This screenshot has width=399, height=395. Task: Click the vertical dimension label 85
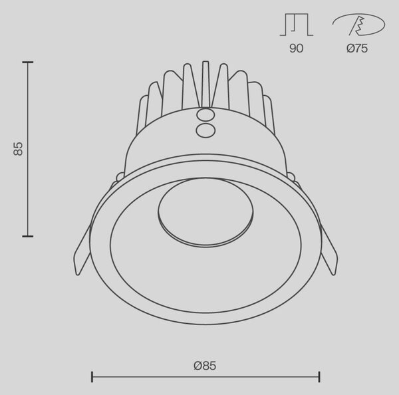click(x=18, y=149)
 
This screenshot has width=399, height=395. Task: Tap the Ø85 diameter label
click(x=205, y=366)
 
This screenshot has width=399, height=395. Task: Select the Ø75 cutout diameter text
click(x=357, y=49)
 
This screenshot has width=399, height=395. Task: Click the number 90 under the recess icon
click(x=296, y=49)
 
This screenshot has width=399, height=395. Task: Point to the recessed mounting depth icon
click(x=297, y=25)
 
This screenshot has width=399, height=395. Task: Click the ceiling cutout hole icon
click(x=359, y=25)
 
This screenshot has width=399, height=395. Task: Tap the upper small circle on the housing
click(x=205, y=115)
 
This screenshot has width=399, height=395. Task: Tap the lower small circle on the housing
click(x=205, y=130)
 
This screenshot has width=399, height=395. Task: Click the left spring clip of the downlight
click(x=82, y=251)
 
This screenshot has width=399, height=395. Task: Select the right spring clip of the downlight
click(x=329, y=251)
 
